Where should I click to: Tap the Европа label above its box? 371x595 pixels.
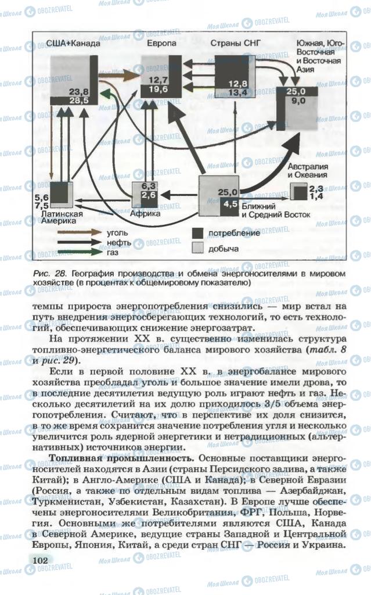click(158, 44)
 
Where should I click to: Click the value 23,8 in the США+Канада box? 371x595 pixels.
click(79, 92)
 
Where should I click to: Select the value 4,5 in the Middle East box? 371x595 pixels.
click(230, 204)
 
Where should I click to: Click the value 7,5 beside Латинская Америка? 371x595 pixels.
click(42, 205)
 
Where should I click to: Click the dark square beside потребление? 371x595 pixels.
click(198, 233)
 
